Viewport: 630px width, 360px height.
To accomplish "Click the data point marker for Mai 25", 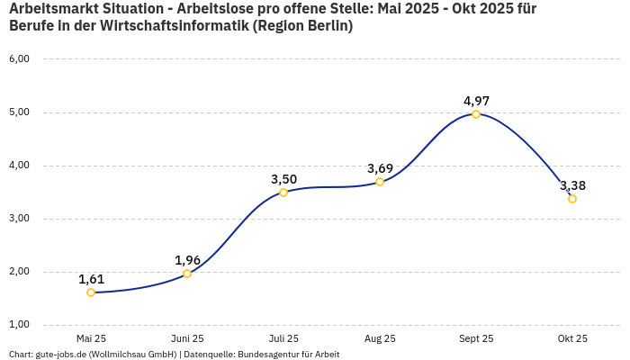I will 91,292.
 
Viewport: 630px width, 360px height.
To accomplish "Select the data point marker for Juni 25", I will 187,274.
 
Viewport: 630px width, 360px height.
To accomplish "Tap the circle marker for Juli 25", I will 283,193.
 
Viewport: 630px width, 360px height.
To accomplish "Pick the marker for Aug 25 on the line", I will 380,182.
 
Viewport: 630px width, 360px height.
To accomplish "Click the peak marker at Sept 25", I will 476,114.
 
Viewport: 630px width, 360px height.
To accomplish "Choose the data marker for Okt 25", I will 572,199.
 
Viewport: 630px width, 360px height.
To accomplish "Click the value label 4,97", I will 476,101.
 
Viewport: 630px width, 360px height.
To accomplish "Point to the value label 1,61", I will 91,279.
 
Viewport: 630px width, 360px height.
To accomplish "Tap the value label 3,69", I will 380,168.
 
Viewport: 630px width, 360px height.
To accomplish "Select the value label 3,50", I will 283,179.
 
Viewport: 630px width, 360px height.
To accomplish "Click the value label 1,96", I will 187,260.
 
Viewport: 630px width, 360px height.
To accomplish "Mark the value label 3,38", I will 572,185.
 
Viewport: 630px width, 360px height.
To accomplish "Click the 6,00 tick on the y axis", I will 19,59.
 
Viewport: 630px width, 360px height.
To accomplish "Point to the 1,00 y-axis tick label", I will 19,325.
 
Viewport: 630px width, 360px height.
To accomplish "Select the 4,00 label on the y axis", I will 19,166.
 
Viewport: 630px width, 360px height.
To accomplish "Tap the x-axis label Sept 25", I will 476,338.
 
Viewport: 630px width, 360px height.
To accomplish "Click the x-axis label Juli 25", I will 283,338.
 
